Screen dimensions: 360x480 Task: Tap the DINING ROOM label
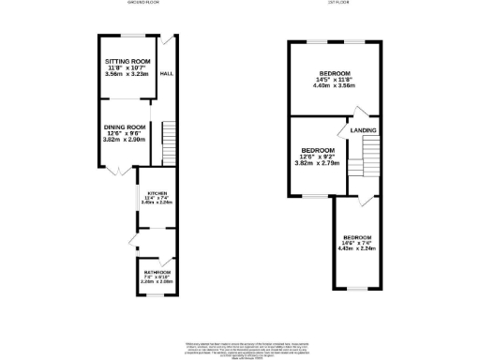click(x=125, y=127)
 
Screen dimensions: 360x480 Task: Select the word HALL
click(x=167, y=73)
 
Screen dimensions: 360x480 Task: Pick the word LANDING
click(x=364, y=130)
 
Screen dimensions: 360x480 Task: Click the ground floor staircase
click(x=169, y=143)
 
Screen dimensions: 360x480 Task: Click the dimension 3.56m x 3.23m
click(x=128, y=74)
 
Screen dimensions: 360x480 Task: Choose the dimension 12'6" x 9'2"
click(x=319, y=157)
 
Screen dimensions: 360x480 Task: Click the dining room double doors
click(x=114, y=170)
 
